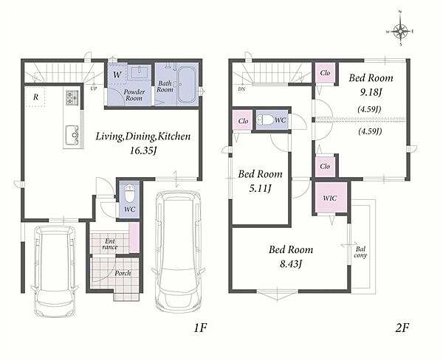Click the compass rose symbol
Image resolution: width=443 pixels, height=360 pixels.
[x=400, y=31]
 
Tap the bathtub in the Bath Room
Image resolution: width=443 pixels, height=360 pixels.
[x=186, y=84]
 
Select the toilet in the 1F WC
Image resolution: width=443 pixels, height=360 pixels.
[x=130, y=193]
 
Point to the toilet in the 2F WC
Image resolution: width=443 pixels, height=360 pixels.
[x=265, y=120]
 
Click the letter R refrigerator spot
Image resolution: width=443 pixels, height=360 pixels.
[x=35, y=97]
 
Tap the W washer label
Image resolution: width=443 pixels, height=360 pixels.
[x=117, y=75]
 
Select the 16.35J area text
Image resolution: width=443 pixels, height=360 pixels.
[x=143, y=150]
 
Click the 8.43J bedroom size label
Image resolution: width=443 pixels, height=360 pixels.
[x=292, y=264]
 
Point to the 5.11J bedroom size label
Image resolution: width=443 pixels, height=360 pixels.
[x=260, y=188]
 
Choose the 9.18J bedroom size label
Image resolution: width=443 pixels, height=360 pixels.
[x=371, y=92]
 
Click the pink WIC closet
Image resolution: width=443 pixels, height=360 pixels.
[x=331, y=198]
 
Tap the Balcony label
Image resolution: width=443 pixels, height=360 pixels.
[x=360, y=252]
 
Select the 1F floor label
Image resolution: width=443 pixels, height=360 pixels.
[x=201, y=328]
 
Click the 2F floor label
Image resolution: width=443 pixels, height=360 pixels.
[x=402, y=328]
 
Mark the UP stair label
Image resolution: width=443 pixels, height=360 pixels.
[x=94, y=89]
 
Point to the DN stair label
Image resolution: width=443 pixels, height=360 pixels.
[x=241, y=89]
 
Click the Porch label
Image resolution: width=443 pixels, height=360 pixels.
[x=123, y=273]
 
